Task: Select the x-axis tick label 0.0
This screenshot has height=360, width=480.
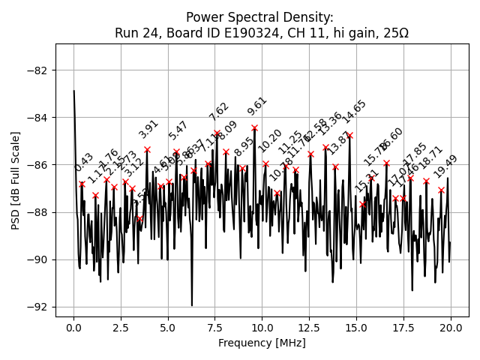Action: pyautogui.click(x=73, y=329)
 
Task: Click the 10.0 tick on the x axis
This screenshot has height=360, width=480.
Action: pyautogui.click(x=262, y=329)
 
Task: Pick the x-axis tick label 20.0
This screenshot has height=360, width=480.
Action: pyautogui.click(x=450, y=329)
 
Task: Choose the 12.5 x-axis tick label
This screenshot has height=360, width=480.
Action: pyautogui.click(x=309, y=329)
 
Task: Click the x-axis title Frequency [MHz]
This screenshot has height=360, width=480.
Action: pyautogui.click(x=262, y=343)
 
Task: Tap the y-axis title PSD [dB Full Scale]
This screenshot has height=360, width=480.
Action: pyautogui.click(x=16, y=180)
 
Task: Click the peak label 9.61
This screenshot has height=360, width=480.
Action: pyautogui.click(x=256, y=106)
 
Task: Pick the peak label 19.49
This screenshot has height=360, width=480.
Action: pyautogui.click(x=445, y=166)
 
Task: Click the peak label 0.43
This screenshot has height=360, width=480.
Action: pyautogui.click(x=84, y=163)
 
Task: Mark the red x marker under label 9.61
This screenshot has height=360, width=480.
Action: pyautogui.click(x=254, y=127)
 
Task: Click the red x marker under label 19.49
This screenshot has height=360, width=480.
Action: pyautogui.click(x=441, y=190)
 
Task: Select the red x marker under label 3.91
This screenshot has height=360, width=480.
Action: pyautogui.click(x=147, y=149)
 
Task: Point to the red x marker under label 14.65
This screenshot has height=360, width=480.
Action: pyautogui.click(x=349, y=135)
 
